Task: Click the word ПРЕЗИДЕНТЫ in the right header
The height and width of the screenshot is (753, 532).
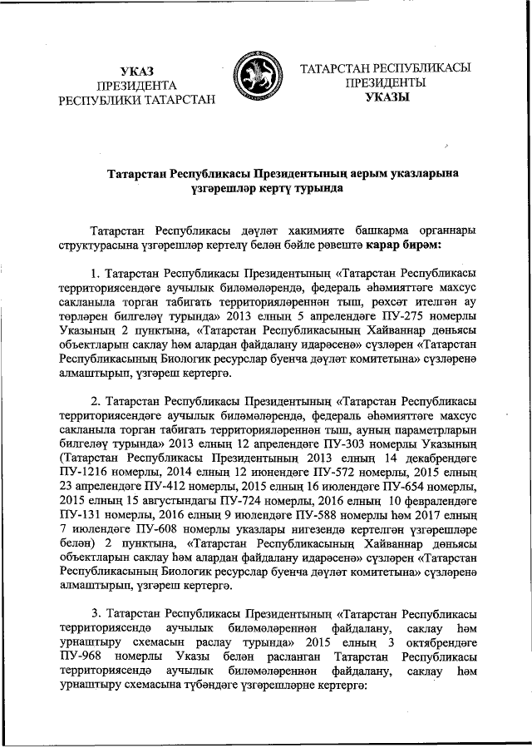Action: (387, 83)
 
